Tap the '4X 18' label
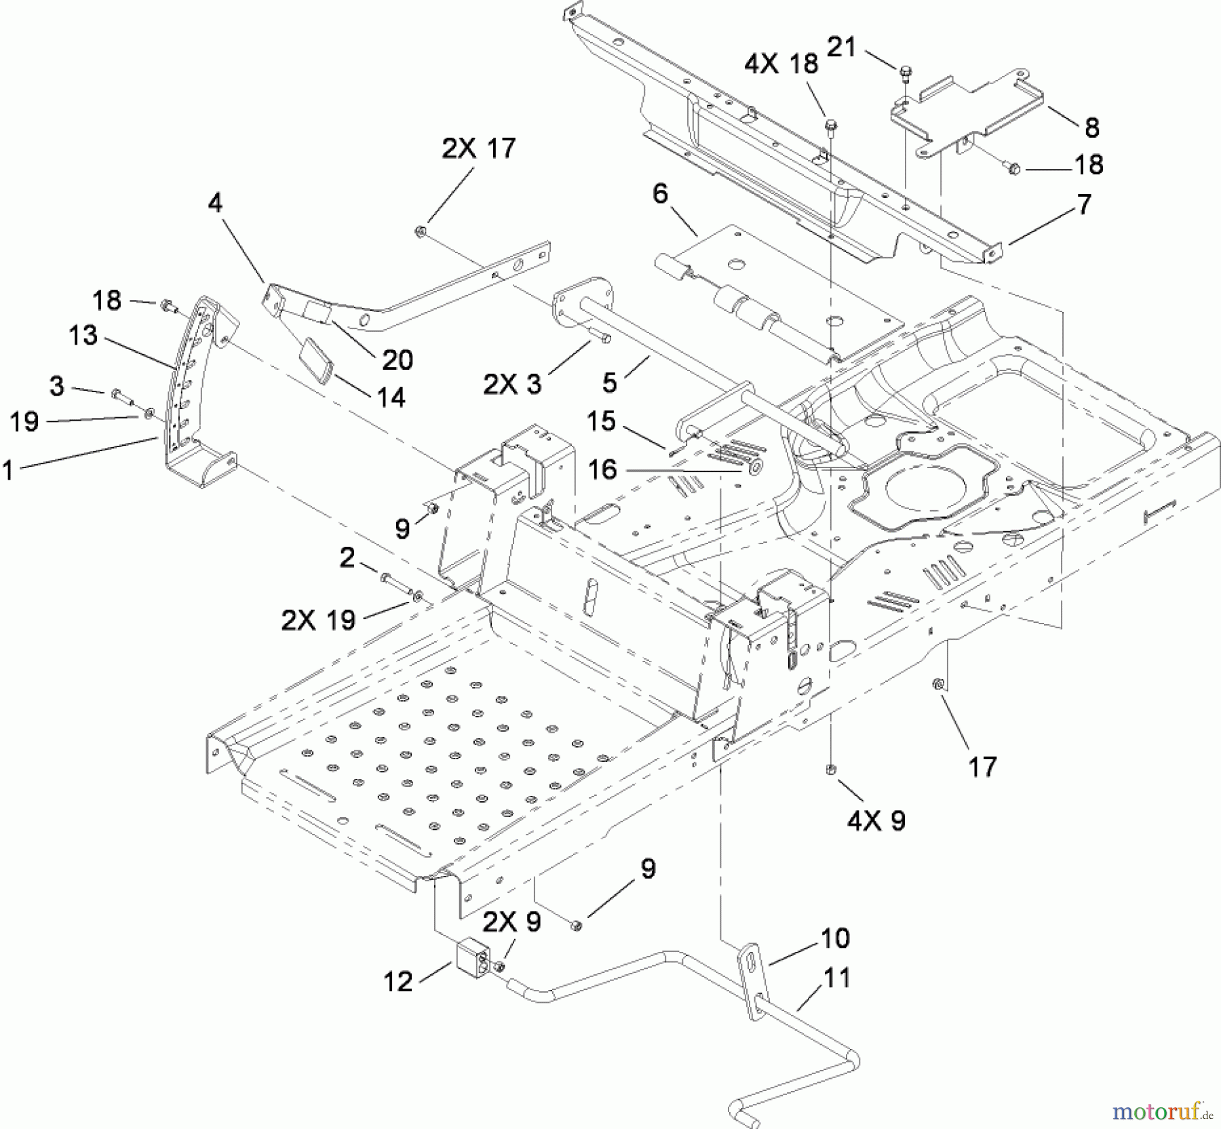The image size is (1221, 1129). tap(781, 64)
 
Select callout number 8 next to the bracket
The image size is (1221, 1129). tap(1091, 127)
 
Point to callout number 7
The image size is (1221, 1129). tap(1084, 204)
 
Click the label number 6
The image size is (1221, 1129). tap(660, 194)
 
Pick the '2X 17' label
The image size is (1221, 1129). tap(479, 148)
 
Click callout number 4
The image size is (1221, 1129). tap(215, 202)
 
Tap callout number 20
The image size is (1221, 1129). tap(398, 360)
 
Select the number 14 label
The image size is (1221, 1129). tap(391, 397)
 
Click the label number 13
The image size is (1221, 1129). tap(83, 335)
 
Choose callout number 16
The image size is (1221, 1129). tap(602, 469)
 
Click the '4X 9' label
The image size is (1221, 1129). tap(876, 821)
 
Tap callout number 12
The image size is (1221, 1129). tap(398, 981)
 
